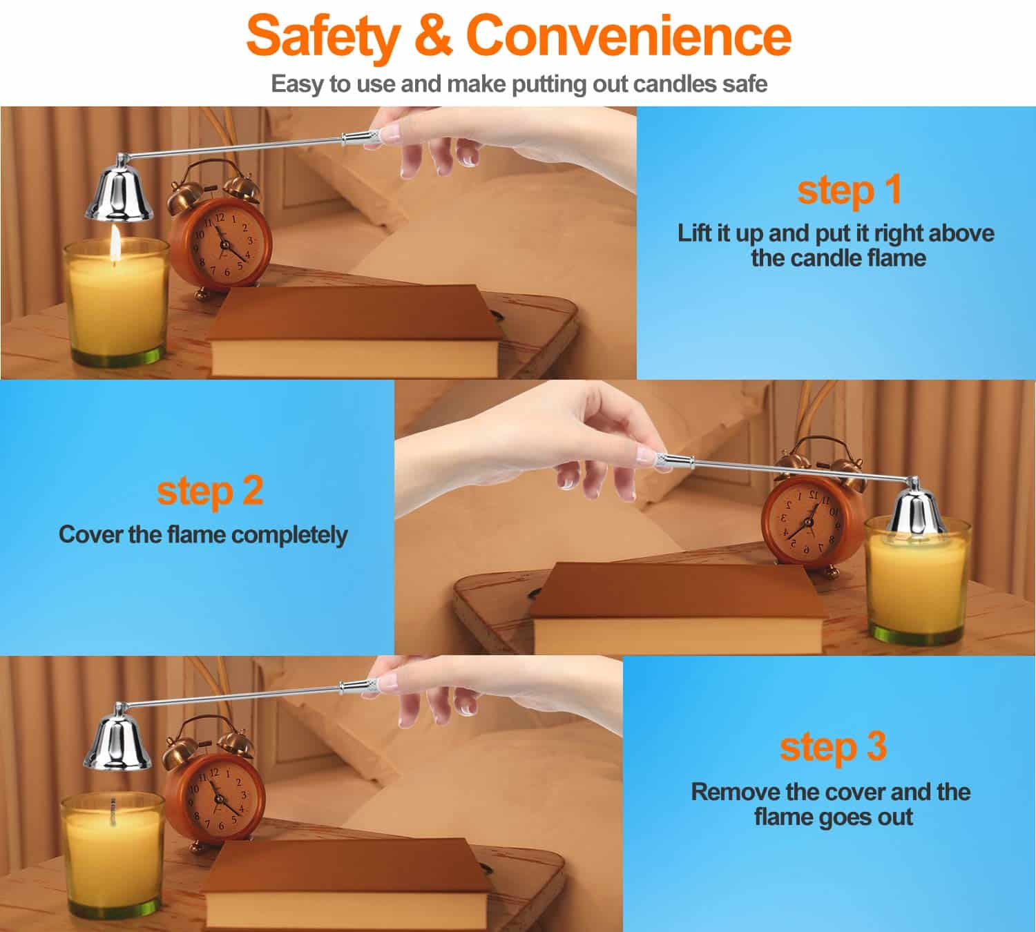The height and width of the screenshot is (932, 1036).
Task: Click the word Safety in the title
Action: (323, 36)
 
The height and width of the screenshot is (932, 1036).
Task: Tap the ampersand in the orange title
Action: (433, 35)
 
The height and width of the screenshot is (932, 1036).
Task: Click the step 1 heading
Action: (850, 191)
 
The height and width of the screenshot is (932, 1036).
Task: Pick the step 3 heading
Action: (833, 747)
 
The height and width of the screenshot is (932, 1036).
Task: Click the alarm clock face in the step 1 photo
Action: (222, 245)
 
